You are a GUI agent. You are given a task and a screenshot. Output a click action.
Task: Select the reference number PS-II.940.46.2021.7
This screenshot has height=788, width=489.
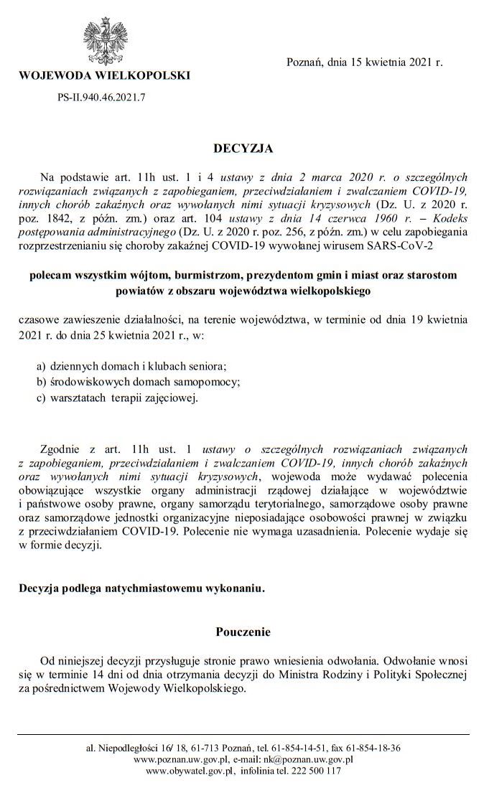pos(102,96)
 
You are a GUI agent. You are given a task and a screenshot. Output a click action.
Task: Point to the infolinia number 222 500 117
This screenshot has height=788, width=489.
pos(315,771)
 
